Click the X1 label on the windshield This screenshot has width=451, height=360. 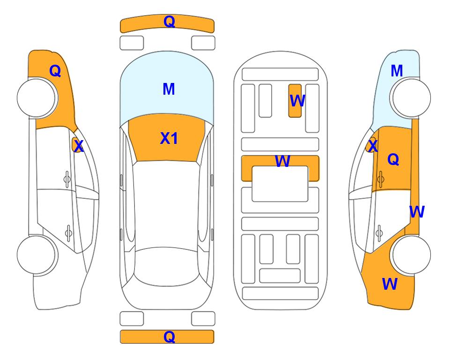coord(169,138)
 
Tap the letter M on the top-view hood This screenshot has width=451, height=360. coord(169,89)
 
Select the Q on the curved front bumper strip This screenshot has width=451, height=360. coord(170,22)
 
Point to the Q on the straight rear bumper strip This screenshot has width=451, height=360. coord(170,337)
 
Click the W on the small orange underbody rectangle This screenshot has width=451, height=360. coord(297,100)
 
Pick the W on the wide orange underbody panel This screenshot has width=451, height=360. coord(282,161)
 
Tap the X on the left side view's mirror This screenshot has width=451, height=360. coord(78,146)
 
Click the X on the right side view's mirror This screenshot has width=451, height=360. coord(373,146)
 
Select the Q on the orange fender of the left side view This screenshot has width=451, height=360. coord(55,71)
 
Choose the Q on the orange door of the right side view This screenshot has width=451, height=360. coord(393,159)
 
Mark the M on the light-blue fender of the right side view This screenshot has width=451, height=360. coord(397,71)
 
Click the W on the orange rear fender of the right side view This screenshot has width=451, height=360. coord(390,284)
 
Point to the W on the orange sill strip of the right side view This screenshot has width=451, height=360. coord(417,212)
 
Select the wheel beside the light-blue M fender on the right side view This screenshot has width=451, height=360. coord(411,98)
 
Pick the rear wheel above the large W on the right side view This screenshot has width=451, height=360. coord(411,255)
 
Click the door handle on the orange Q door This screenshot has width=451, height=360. coord(381,179)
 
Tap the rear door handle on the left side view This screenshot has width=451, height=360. coord(68,232)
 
